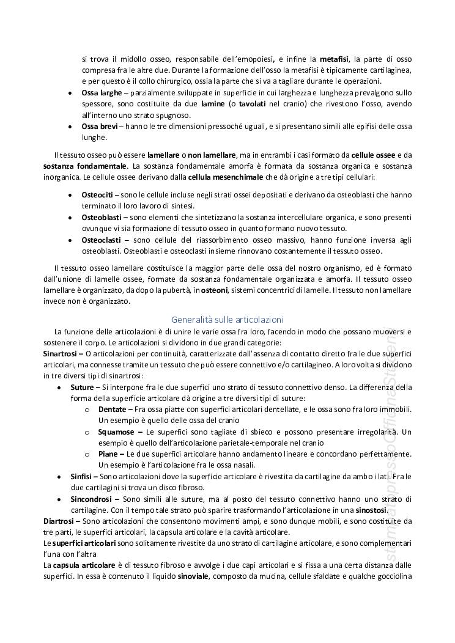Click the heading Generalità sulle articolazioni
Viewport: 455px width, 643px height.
pyautogui.click(x=227, y=319)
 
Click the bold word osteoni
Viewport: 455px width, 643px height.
pyautogui.click(x=215, y=290)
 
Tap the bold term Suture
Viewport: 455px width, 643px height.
pyautogui.click(x=82, y=387)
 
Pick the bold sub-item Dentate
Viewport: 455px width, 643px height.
pyautogui.click(x=112, y=409)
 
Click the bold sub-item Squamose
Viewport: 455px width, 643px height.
pyautogui.click(x=114, y=432)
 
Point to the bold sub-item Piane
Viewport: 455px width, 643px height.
pyautogui.click(x=109, y=454)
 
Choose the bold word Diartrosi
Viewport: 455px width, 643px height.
pyautogui.click(x=59, y=521)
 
